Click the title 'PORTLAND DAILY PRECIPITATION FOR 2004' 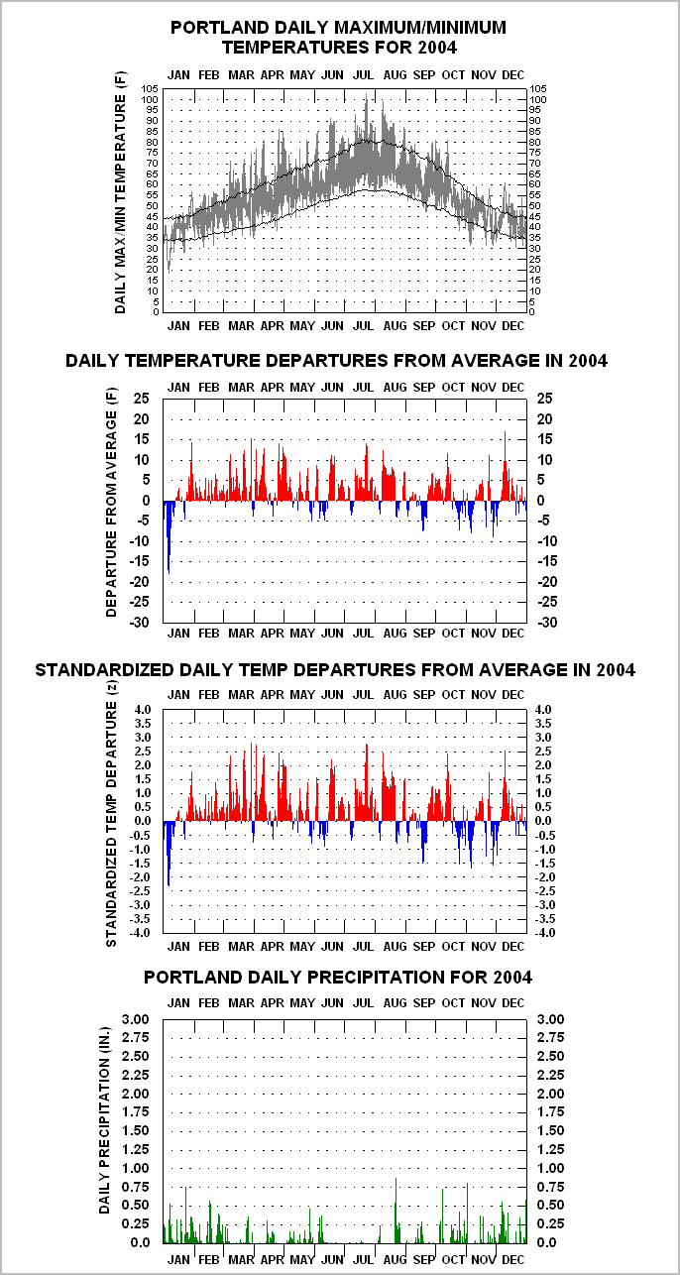click(338, 978)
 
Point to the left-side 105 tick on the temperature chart click(150, 89)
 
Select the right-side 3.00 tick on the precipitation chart click(551, 1019)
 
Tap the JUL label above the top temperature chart click(363, 75)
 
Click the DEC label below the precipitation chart click(513, 1259)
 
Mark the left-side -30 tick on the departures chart click(140, 622)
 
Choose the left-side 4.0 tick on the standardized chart click(143, 710)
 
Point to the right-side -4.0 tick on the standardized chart click(543, 933)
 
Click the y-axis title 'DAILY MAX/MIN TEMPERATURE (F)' click(120, 192)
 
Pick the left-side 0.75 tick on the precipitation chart click(136, 1187)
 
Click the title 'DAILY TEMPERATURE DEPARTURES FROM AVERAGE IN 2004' click(336, 361)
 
